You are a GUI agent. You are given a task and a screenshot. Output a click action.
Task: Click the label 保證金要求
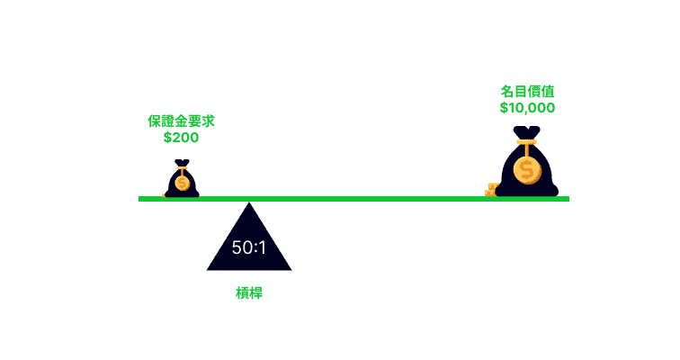pyautogui.click(x=182, y=121)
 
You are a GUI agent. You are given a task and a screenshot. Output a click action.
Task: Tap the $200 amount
pyautogui.click(x=182, y=138)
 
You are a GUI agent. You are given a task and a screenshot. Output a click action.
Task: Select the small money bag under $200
pyautogui.click(x=182, y=178)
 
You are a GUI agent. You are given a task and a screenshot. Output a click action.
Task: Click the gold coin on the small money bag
pyautogui.click(x=182, y=184)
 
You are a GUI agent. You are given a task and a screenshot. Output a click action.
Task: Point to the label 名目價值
pyautogui.click(x=527, y=92)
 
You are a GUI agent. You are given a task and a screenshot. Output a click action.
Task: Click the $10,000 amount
pyautogui.click(x=527, y=108)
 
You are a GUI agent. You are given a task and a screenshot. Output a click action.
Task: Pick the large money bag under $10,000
pyautogui.click(x=526, y=161)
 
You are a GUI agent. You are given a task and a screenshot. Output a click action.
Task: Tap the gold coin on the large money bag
pyautogui.click(x=527, y=170)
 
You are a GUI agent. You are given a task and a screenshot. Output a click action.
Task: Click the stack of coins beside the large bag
pyautogui.click(x=491, y=190)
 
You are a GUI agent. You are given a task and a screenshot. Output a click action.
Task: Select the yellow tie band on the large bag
pyautogui.click(x=526, y=142)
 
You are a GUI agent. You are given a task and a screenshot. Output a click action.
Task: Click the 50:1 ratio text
pyautogui.click(x=249, y=247)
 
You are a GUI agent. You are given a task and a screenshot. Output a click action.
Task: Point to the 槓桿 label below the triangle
pyautogui.click(x=249, y=293)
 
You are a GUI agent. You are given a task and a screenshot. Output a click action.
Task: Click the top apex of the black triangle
pyautogui.click(x=249, y=202)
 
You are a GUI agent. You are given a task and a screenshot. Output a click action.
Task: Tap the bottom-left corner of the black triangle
pyautogui.click(x=207, y=270)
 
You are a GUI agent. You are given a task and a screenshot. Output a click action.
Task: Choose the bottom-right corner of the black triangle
pyautogui.click(x=291, y=270)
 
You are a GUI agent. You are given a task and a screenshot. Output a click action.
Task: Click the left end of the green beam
pyautogui.click(x=139, y=199)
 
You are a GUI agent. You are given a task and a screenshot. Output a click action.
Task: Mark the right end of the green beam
pyautogui.click(x=568, y=199)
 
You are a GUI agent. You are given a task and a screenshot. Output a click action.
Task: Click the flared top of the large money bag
pyautogui.click(x=526, y=132)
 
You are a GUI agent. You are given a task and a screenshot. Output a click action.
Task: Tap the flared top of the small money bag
pyautogui.click(x=182, y=163)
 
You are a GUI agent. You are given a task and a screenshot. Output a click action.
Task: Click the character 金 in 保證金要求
pyautogui.click(x=182, y=121)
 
